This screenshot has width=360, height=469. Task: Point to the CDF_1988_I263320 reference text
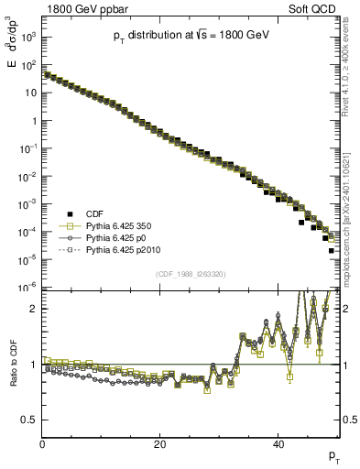click(x=191, y=272)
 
